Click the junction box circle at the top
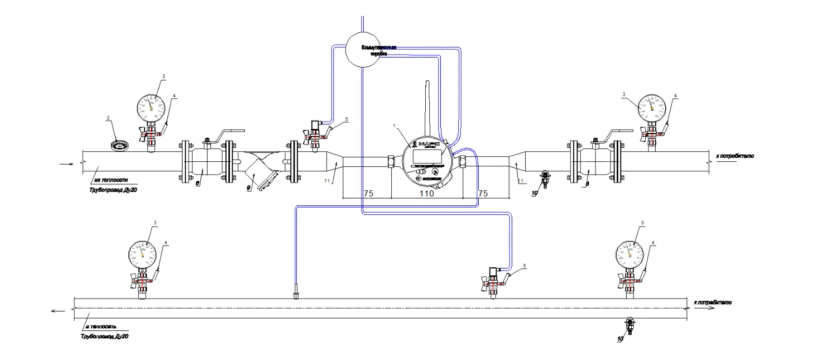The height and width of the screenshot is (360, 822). coord(363,49)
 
